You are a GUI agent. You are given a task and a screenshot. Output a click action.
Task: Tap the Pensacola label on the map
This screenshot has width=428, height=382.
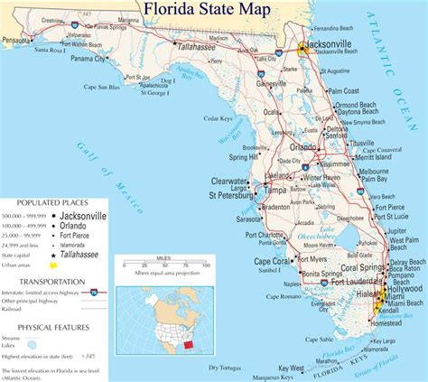(20, 41)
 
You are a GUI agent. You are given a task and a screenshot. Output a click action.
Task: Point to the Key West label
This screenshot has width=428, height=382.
(291, 368)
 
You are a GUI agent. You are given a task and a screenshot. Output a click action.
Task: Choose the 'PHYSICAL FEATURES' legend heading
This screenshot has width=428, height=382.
(41, 327)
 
